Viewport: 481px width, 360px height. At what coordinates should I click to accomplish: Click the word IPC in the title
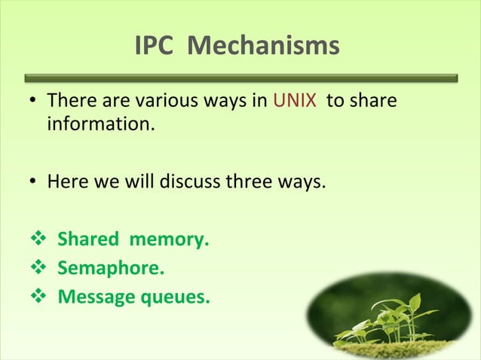[x=155, y=47]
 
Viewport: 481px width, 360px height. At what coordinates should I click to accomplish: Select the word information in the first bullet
[x=100, y=122]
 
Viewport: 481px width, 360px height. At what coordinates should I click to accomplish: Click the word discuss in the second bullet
[x=188, y=182]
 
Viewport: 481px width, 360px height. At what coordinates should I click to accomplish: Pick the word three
[x=250, y=182]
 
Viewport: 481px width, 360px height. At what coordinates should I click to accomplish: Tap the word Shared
[x=88, y=240]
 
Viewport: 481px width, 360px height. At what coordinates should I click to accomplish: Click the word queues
[x=176, y=297]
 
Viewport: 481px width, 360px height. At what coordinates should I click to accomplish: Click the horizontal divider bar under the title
[x=240, y=78]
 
